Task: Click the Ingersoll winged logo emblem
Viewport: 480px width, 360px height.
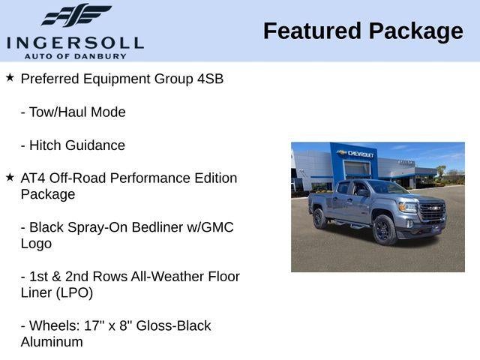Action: (75, 15)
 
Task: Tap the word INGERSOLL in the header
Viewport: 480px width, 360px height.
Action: (75, 41)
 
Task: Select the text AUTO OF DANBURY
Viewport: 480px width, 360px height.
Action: (75, 55)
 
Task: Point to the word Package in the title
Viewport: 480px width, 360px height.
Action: (415, 31)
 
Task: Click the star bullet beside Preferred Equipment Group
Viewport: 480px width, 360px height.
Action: (10, 78)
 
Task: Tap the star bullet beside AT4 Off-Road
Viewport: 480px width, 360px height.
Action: (10, 178)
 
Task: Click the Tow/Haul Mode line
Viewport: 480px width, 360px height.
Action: (73, 112)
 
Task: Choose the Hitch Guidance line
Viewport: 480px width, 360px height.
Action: (73, 145)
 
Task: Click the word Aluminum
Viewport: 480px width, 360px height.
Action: (52, 342)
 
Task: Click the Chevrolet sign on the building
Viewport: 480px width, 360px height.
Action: (358, 154)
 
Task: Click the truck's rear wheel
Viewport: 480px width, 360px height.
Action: (319, 218)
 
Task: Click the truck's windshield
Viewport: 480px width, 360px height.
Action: (387, 187)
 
